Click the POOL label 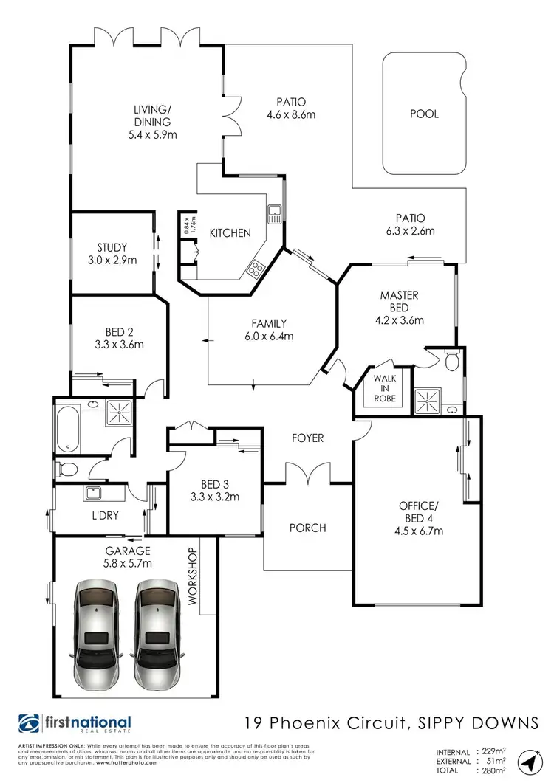tap(424, 114)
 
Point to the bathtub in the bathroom tap(67, 427)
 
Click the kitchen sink tap(274, 214)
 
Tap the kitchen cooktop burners tap(257, 269)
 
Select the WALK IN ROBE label tap(384, 388)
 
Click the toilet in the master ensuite tap(451, 360)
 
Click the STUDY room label tap(112, 247)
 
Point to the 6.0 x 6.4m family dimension tap(269, 336)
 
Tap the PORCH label tap(308, 528)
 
